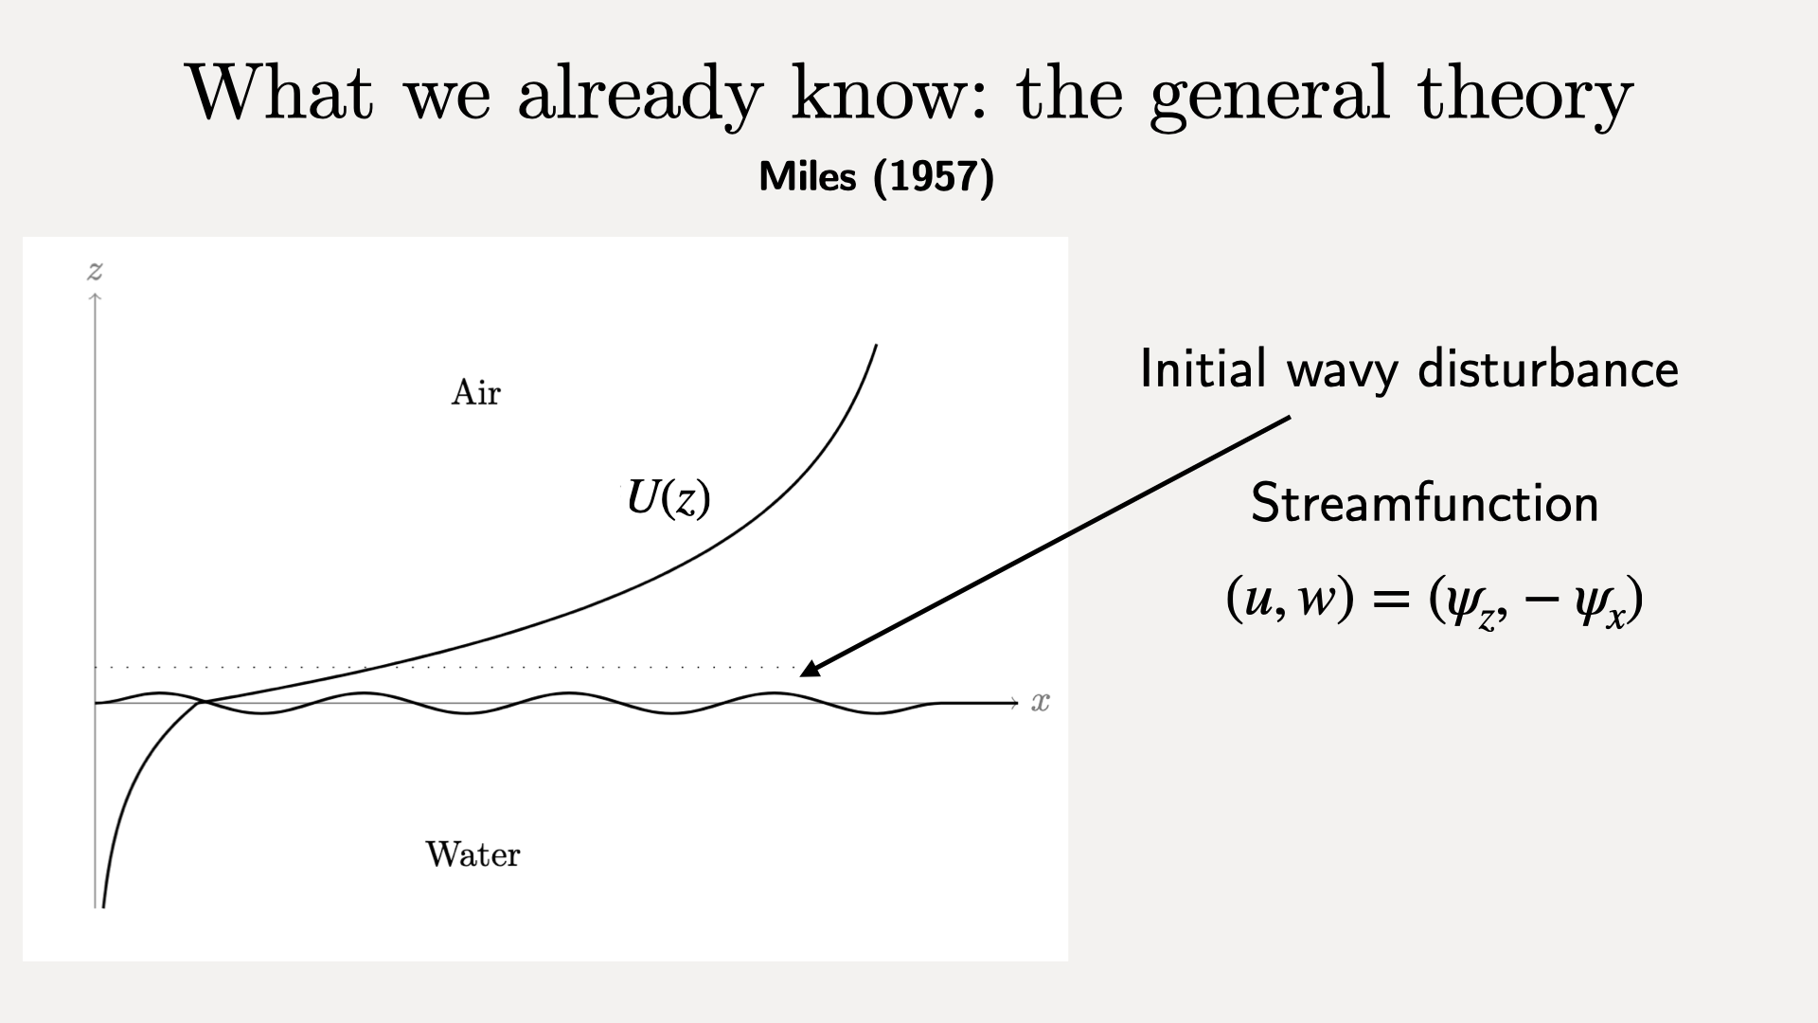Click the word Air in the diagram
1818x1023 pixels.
pos(475,392)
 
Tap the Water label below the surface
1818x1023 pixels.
pos(472,854)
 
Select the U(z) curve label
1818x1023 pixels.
pos(668,498)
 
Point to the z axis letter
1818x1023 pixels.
pos(95,272)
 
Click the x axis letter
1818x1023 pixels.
pos(1041,702)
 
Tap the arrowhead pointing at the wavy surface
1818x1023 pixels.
pos(811,666)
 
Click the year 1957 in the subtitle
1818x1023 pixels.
pos(933,177)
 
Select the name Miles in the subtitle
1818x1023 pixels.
pos(808,177)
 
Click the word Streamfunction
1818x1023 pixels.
pos(1424,503)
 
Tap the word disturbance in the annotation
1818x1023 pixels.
pos(1548,368)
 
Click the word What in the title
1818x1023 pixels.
pos(280,92)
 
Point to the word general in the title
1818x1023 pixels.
pos(1269,96)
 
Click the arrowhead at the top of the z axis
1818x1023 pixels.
pos(95,299)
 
